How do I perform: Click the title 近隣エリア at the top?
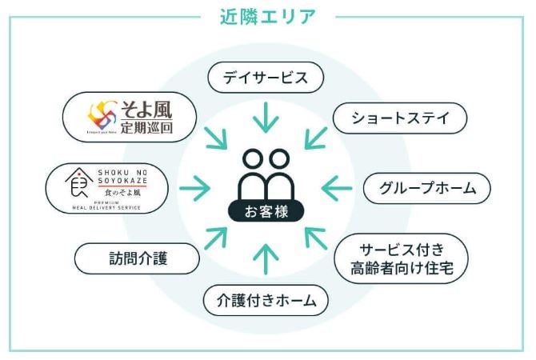(267, 15)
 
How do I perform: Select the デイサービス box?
(265, 78)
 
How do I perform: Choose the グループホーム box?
(426, 188)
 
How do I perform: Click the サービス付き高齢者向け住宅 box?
(401, 258)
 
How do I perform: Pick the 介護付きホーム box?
(266, 301)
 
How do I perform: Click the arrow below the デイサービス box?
(265, 118)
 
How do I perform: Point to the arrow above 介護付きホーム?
(265, 261)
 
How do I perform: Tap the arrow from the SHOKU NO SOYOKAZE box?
(194, 189)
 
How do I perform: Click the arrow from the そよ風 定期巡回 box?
(215, 138)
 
